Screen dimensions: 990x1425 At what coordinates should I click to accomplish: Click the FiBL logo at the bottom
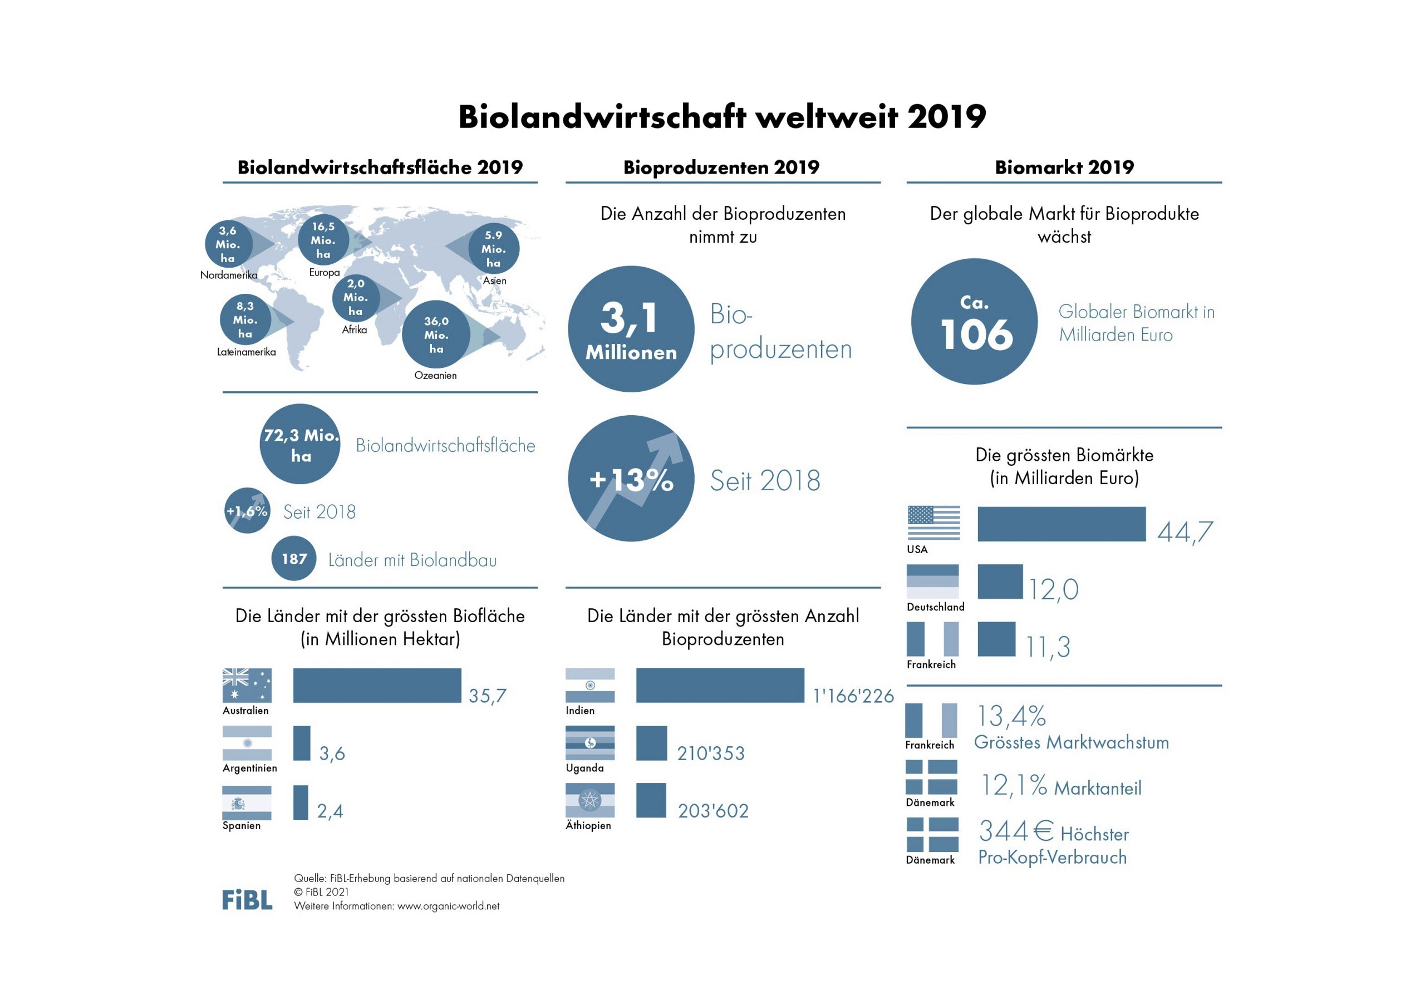[247, 899]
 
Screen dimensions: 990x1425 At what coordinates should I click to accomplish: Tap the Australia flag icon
[247, 686]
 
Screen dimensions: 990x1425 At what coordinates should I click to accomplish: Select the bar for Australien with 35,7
[376, 686]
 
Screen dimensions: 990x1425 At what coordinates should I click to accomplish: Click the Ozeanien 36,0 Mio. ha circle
[436, 335]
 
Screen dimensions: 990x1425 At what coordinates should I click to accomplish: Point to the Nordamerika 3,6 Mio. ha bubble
[228, 244]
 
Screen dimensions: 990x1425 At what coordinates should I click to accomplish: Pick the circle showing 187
[294, 558]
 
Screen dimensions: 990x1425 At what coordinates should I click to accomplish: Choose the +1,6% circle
[247, 510]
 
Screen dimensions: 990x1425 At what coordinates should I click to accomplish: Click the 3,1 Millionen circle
[631, 329]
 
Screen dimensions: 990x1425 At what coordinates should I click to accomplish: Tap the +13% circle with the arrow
[631, 478]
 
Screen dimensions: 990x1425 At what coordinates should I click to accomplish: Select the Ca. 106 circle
[974, 321]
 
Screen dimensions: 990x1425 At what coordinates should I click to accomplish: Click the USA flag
[933, 523]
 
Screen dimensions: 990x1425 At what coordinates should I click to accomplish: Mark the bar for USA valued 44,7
[1061, 524]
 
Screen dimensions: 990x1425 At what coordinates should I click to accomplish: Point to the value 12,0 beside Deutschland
[1053, 589]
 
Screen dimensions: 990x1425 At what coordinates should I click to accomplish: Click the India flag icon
[590, 686]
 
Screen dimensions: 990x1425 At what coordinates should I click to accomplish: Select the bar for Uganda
[651, 743]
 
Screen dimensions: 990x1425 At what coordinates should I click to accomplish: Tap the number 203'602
[713, 811]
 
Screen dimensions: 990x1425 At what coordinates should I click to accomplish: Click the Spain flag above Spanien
[247, 802]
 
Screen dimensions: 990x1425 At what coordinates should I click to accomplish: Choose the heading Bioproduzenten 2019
[721, 167]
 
